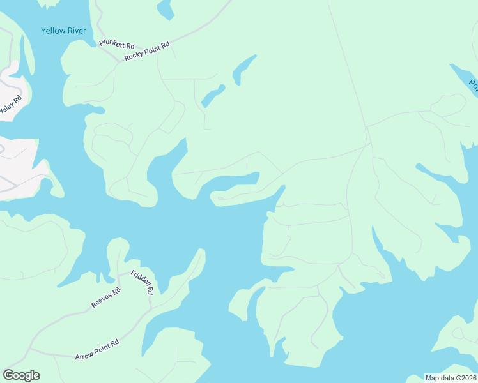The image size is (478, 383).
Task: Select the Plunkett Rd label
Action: (x=117, y=45)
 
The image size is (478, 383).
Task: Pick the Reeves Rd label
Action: (x=106, y=298)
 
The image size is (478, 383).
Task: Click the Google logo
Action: (x=21, y=375)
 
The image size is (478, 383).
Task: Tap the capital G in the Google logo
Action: (x=8, y=375)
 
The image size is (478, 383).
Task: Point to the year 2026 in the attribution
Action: (x=467, y=378)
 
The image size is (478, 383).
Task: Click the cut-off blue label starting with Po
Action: (x=474, y=84)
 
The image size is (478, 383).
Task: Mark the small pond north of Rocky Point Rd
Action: (x=166, y=9)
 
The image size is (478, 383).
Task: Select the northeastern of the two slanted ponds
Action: (x=245, y=68)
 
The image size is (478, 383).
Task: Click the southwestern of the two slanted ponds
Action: (x=212, y=96)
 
